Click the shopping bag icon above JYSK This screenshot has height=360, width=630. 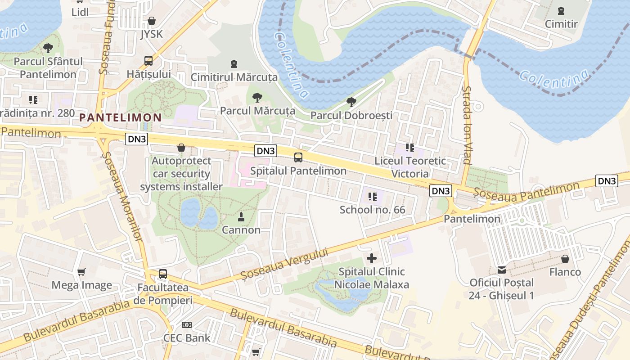pos(152,21)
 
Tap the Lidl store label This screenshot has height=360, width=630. pos(80,12)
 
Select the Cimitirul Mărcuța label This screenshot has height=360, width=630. pos(234,77)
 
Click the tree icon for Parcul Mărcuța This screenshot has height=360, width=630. pos(257,97)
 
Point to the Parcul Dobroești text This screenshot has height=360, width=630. pos(351,115)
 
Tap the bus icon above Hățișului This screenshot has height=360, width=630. pos(148,61)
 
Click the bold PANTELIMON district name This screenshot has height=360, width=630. pos(121,118)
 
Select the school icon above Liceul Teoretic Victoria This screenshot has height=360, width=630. pos(409,148)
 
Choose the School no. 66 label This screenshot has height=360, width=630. pos(372,210)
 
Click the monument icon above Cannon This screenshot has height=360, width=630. pos(241,217)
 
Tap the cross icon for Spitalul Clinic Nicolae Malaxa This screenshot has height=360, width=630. pos(372,258)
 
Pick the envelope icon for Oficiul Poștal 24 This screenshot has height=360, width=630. pos(501,270)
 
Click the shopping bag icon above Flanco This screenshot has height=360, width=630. pos(565,259)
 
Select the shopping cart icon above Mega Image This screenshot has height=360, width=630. pos(81,272)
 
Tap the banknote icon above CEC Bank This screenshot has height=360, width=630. pos(186,325)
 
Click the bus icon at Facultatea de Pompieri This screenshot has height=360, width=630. pos(163,274)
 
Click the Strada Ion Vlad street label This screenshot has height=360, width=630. pos(467,125)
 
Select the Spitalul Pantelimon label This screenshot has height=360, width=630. pos(298,171)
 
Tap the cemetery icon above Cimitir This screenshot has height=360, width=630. pos(561,11)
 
